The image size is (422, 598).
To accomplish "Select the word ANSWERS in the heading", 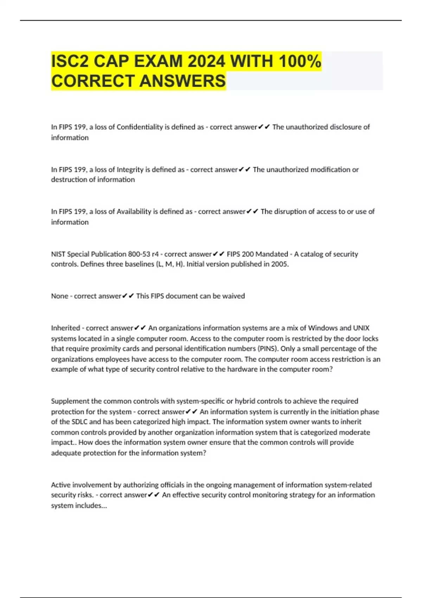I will tap(183, 81).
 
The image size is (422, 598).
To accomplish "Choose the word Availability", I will tap(134, 211).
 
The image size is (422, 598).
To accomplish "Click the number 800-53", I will tap(139, 254).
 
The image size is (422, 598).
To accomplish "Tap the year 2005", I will tap(280, 264).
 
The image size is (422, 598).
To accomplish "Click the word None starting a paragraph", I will tap(59, 296).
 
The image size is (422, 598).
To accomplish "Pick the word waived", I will tap(234, 296).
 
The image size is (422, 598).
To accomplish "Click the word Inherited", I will tap(65, 328).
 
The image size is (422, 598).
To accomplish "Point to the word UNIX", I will tap(361, 328).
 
